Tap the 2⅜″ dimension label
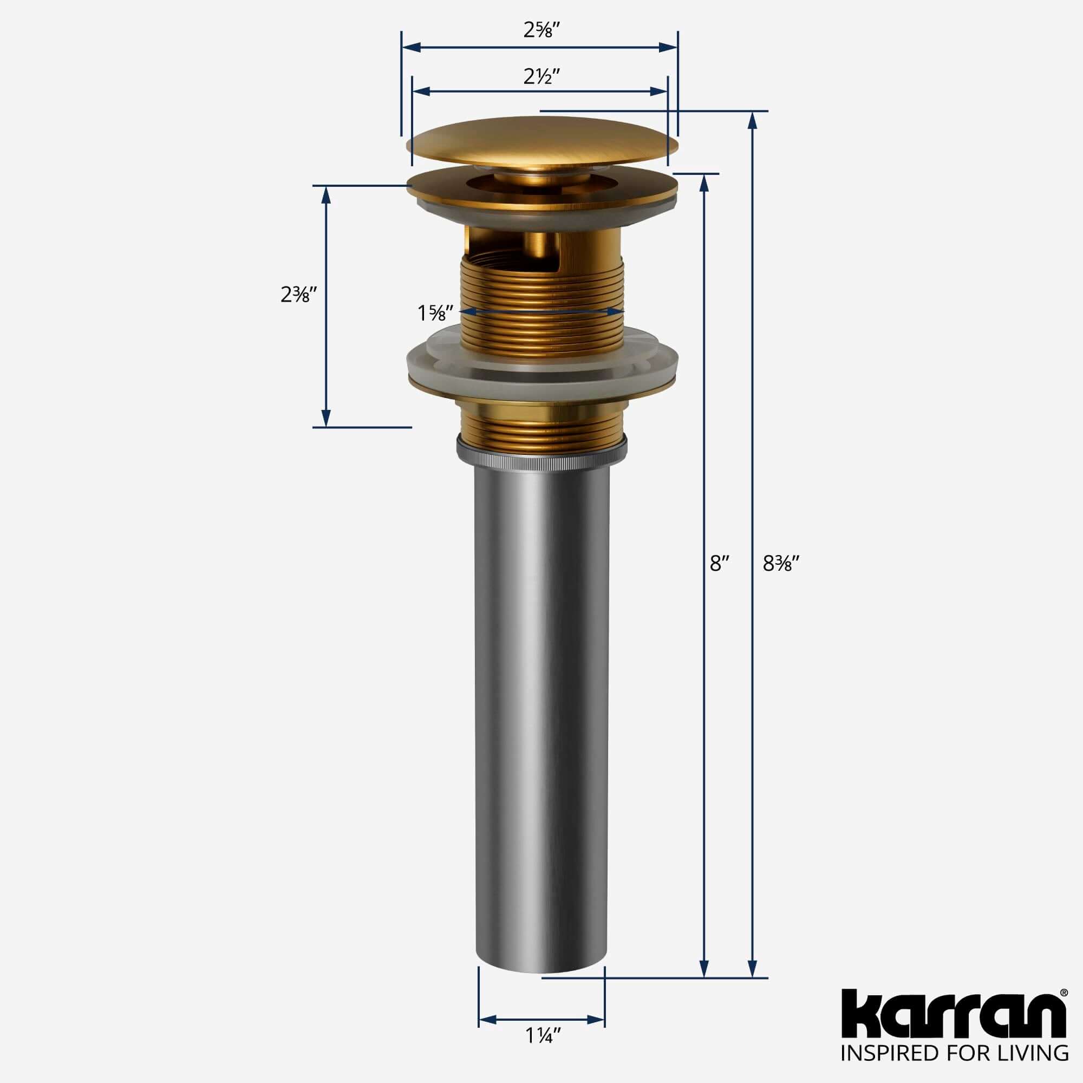[x=299, y=294]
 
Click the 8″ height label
[x=718, y=564]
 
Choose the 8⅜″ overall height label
[x=780, y=564]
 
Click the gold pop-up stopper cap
[x=541, y=140]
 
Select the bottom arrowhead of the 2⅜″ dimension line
[x=325, y=417]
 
